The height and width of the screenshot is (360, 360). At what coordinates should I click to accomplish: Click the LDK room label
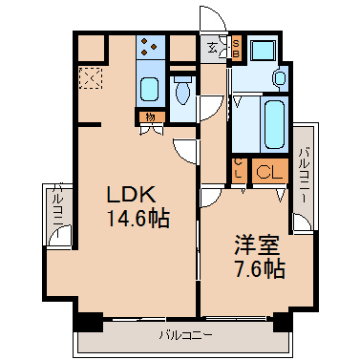pos(131,195)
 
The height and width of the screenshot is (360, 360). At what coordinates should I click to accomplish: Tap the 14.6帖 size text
pos(138,219)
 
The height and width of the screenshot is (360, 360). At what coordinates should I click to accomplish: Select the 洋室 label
pos(257,244)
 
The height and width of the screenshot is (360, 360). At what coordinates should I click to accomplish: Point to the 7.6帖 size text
pos(260,269)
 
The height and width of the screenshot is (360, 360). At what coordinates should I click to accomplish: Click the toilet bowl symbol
pos(182,91)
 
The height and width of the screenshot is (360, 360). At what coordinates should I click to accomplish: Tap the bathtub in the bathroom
pos(274,124)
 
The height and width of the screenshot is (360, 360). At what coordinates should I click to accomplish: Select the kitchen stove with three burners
pos(150,47)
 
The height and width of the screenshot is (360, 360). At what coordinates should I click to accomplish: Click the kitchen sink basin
pos(150,90)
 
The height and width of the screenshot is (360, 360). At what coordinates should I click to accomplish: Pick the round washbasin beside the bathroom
pos(280,77)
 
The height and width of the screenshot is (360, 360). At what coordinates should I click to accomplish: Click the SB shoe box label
pos(236,48)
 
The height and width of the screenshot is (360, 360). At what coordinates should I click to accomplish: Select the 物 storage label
pos(150,117)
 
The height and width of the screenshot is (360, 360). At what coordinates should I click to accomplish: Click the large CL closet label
pos(269,173)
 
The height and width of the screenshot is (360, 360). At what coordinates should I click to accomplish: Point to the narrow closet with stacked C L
pos(239,170)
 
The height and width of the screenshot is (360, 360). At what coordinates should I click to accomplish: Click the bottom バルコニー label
pos(186,335)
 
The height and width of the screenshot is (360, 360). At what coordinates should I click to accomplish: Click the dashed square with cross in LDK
pos(91,78)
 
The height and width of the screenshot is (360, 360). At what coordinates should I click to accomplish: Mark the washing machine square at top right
pos(263,50)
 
